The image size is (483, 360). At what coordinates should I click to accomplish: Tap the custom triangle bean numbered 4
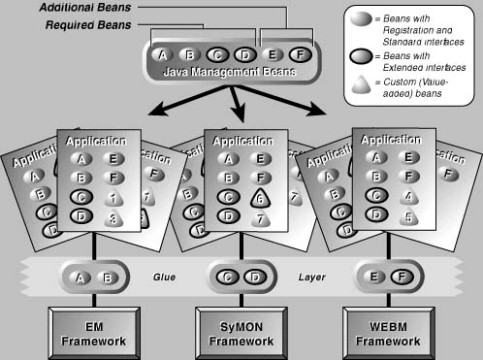[409, 198]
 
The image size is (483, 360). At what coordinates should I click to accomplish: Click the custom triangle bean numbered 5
[409, 218]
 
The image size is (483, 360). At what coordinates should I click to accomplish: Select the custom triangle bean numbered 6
[260, 198]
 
